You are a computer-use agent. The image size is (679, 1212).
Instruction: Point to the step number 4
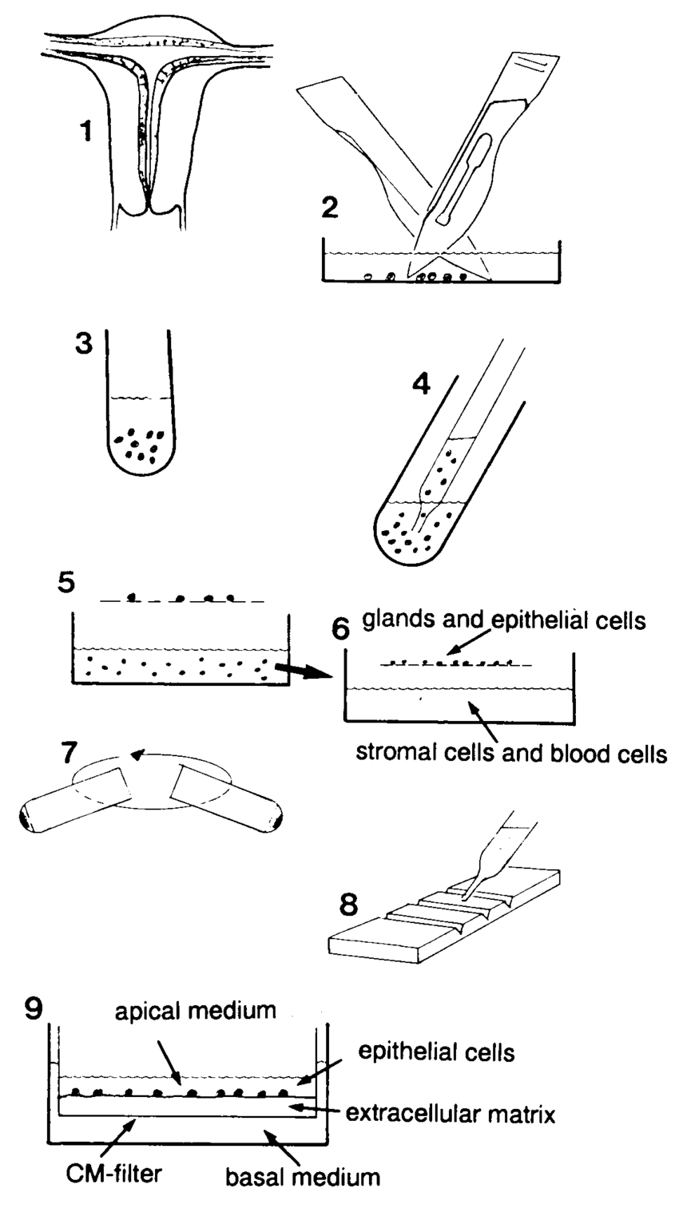point(420,384)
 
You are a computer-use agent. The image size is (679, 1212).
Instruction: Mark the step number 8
point(347,905)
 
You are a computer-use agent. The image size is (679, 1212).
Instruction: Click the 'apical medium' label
point(195,1012)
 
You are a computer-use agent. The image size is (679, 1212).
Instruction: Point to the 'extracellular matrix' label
point(450,1112)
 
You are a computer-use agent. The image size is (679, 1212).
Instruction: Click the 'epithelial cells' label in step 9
point(436,1052)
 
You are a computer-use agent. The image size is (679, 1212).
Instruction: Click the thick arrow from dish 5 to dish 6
point(302,673)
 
